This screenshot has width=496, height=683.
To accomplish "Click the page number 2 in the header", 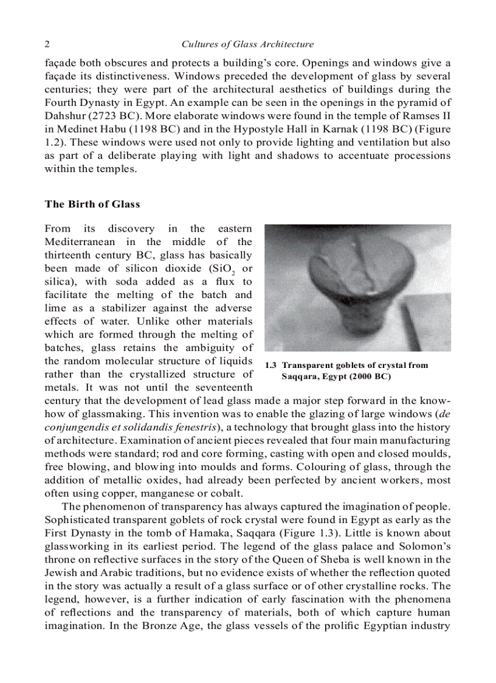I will (x=47, y=44).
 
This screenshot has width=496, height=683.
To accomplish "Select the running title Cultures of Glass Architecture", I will (x=247, y=44).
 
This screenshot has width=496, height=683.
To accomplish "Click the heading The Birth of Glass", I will (x=92, y=204).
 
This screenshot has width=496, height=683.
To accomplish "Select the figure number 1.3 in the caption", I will (x=271, y=366).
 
